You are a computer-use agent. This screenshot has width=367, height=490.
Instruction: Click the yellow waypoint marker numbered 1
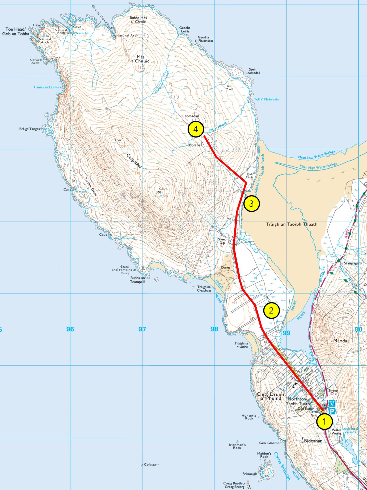324,421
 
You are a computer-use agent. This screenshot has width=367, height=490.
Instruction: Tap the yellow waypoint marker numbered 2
271,310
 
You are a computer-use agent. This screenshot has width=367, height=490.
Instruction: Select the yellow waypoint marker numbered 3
251,204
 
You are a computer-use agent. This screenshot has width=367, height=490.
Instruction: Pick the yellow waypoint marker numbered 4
196,129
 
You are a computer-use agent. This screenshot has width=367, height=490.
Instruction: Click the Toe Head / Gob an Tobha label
15,31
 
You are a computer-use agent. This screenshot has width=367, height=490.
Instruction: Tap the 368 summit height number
158,192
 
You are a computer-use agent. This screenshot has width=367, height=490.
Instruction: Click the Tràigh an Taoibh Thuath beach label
292,224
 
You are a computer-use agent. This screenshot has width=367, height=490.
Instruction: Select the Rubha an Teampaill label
137,280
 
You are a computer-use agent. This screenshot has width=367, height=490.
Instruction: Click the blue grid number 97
142,329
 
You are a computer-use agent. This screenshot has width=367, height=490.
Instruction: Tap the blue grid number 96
70,329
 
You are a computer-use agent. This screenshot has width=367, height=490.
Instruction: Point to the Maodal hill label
341,341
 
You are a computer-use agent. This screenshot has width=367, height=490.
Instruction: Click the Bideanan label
313,441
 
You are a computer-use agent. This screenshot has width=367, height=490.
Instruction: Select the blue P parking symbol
332,411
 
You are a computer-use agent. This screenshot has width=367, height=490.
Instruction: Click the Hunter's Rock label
249,417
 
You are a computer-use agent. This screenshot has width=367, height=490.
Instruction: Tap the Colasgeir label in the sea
151,464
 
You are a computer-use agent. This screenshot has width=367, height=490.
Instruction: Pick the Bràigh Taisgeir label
30,129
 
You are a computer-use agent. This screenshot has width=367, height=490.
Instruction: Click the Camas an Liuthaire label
48,87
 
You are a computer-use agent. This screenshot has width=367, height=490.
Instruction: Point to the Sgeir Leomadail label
252,71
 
